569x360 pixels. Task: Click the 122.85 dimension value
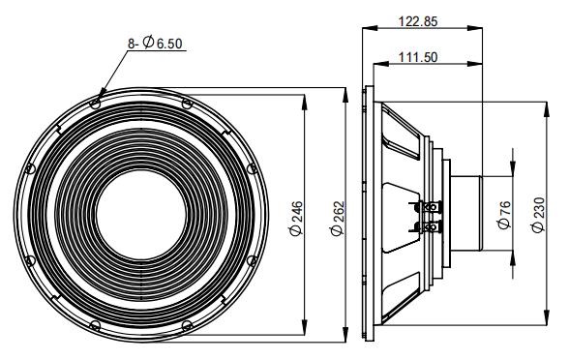[418, 21]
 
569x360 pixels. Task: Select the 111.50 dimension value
[418, 57]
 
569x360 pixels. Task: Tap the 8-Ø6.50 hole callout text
[155, 43]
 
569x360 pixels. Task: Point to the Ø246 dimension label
[296, 219]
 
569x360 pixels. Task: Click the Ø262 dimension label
[338, 219]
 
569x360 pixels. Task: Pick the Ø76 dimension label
[504, 215]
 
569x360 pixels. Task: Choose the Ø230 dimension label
[538, 215]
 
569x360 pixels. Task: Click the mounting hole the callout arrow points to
[95, 105]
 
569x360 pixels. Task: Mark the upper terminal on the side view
[432, 207]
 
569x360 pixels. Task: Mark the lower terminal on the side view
[432, 227]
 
